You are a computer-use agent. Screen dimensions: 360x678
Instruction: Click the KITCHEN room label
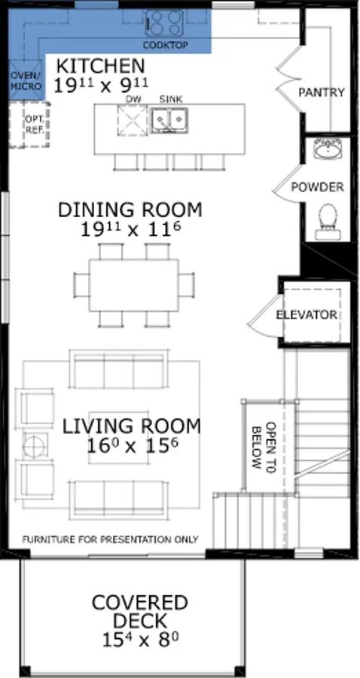[x=101, y=66]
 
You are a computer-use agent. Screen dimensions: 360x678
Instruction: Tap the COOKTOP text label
[x=166, y=45]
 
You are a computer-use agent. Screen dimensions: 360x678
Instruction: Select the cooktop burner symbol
[x=163, y=23]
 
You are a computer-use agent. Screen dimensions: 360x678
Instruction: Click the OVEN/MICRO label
[x=27, y=81]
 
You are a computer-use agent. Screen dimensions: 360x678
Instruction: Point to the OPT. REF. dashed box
[x=30, y=125]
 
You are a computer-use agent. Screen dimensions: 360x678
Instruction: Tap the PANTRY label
[x=322, y=92]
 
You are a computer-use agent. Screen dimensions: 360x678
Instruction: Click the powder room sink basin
[x=328, y=150]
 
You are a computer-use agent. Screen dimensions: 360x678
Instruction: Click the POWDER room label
[x=318, y=188]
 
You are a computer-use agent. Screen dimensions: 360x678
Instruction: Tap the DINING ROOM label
[x=130, y=209]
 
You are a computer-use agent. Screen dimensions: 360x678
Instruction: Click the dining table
[x=134, y=285]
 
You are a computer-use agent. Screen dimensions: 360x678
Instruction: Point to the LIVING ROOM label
[x=132, y=426]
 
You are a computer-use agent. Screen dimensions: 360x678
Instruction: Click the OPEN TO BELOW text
[x=263, y=446]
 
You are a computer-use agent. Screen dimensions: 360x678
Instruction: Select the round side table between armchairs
[x=35, y=444]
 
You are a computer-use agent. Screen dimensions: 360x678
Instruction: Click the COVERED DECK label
[x=139, y=612]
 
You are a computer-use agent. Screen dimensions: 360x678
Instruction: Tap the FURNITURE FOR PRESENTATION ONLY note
[x=111, y=539]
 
